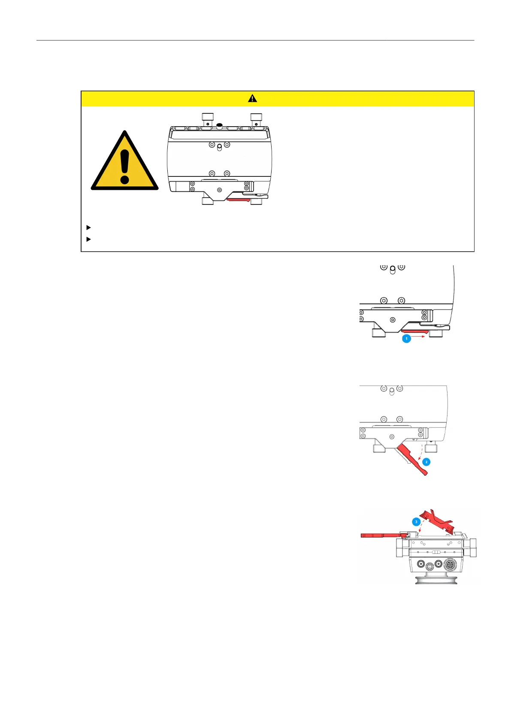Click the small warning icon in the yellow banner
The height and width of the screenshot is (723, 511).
coord(252,98)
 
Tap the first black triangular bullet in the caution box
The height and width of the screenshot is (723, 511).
coord(89,227)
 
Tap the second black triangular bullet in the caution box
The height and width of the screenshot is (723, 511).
coord(89,239)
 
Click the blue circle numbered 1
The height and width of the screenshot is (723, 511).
coord(406,339)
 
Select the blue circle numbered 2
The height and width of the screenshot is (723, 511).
coord(426,462)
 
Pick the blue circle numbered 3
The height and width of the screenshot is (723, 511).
coord(416,522)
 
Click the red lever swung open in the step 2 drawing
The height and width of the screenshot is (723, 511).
coord(412,459)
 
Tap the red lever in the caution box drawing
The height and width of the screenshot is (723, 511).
coord(239,199)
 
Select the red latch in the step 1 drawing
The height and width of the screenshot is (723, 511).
coord(414,331)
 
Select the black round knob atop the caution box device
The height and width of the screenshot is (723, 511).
coord(219,126)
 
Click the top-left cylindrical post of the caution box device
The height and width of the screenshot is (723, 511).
coord(208,118)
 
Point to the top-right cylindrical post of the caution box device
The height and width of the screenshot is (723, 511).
coord(256,118)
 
